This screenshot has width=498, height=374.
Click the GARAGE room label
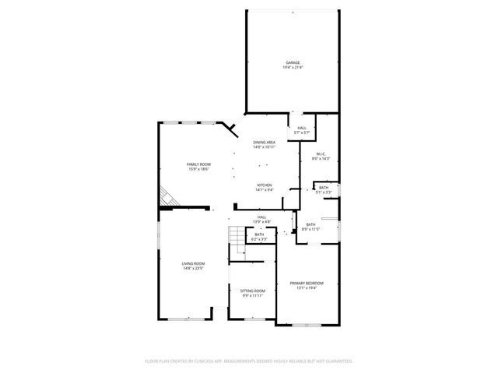(292, 62)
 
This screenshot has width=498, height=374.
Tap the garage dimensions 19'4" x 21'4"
(292, 68)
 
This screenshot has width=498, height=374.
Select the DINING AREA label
(265, 142)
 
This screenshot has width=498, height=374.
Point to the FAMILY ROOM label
(198, 164)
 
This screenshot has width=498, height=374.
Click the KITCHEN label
(265, 185)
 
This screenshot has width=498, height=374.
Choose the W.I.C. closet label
(321, 153)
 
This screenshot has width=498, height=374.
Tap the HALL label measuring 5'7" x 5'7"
(301, 128)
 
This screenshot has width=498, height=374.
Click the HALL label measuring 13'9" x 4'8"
(262, 217)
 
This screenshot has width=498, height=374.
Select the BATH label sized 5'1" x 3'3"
(324, 187)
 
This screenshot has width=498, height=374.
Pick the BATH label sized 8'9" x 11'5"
(310, 224)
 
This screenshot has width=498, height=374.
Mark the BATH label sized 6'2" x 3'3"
(259, 235)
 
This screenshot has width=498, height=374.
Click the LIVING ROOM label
(193, 263)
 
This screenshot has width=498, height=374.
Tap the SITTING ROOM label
(252, 291)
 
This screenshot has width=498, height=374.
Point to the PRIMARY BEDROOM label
(307, 282)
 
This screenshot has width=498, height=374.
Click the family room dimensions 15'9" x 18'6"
(198, 169)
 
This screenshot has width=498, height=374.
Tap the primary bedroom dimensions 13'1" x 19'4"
(307, 288)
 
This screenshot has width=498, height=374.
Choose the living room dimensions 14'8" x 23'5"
(193, 269)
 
